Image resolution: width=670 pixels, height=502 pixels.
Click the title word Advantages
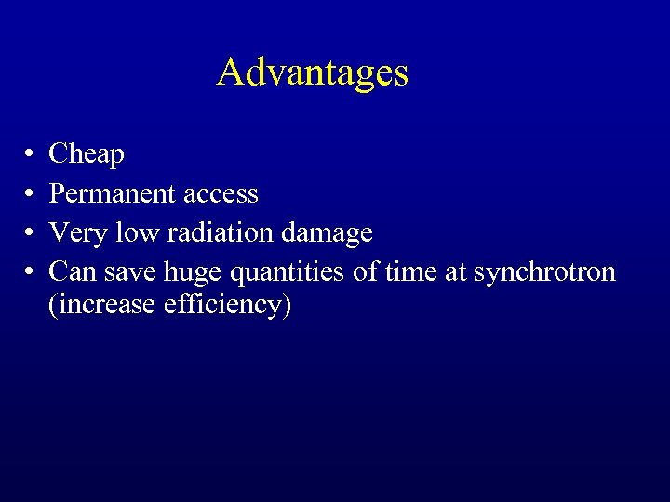tap(313, 73)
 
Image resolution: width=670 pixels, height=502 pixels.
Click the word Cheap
tap(87, 154)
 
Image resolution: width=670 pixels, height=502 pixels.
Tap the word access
tap(221, 193)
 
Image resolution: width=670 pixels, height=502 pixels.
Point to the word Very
tap(78, 232)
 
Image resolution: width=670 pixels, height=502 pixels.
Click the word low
tap(136, 232)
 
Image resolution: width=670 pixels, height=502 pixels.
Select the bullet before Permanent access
tap(31, 194)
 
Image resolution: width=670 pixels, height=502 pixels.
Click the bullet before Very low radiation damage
tap(31, 233)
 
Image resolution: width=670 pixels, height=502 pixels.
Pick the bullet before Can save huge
tap(31, 272)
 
